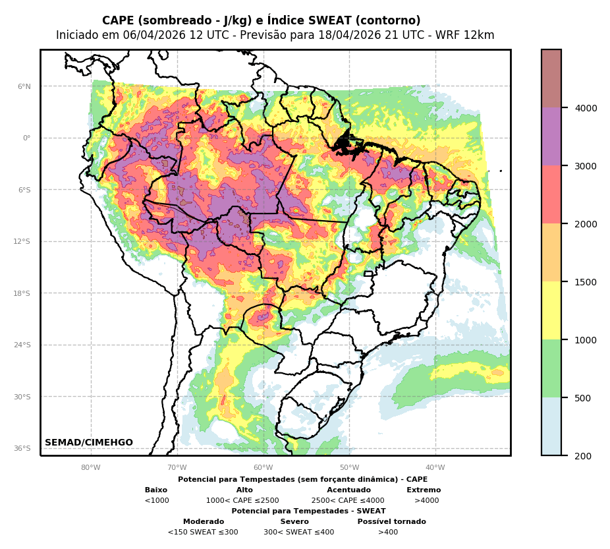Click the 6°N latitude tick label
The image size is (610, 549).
pyautogui.click(x=24, y=86)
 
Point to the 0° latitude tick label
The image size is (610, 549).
pyautogui.click(x=26, y=138)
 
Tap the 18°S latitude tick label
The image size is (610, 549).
pyautogui.click(x=22, y=293)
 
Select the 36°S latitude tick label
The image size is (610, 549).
pyautogui.click(x=22, y=448)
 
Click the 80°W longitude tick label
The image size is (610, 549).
pyautogui.click(x=91, y=468)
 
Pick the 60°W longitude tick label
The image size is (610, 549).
pyautogui.click(x=263, y=468)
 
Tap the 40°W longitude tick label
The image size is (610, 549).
pyautogui.click(x=435, y=468)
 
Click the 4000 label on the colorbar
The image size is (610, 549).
pyautogui.click(x=586, y=108)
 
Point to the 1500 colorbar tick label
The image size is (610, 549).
pyautogui.click(x=586, y=282)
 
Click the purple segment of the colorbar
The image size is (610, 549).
pyautogui.click(x=551, y=136)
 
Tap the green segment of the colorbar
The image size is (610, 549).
pyautogui.click(x=551, y=368)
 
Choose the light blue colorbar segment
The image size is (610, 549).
pyautogui.click(x=551, y=426)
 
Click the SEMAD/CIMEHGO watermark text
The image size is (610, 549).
pyautogui.click(x=89, y=443)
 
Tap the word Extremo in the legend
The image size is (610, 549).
pyautogui.click(x=424, y=490)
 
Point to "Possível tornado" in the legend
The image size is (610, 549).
pyautogui.click(x=391, y=522)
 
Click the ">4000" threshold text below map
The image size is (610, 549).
pyautogui.click(x=426, y=501)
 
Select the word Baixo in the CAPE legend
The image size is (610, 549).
pyautogui.click(x=156, y=490)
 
